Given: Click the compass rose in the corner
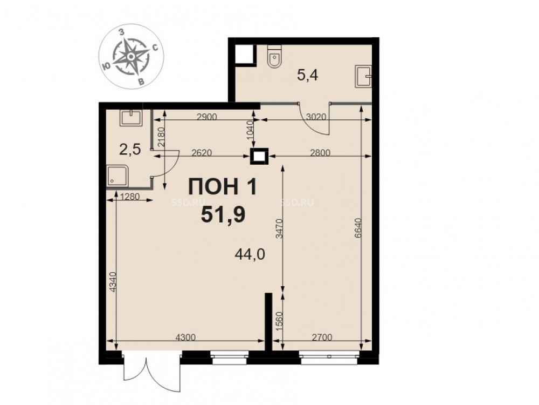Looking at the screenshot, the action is pos(132,56).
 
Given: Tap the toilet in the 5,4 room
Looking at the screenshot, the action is pos(274,58).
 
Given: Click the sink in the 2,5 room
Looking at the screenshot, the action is pos(131,118).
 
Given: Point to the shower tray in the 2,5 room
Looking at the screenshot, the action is pos(118,176).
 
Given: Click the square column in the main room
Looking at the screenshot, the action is pos(259,157).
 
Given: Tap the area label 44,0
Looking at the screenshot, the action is pos(250,254).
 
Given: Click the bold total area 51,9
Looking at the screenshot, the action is pos(223,214).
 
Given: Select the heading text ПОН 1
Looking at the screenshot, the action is pos(223,187).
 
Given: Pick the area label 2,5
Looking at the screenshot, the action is pos(130,150).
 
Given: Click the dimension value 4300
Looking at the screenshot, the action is pos(185,337).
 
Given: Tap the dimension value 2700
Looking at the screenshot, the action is pos(322,337).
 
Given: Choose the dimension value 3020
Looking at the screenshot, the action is pos(316,117).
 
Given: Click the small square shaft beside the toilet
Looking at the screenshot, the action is pos(245,55).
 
